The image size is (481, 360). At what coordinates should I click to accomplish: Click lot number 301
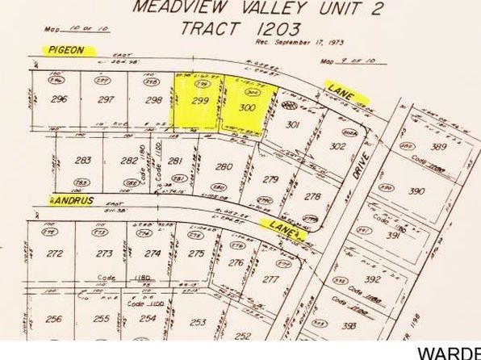294,125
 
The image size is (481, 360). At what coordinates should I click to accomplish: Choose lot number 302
338,146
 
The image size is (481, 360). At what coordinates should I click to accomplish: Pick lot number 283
81,161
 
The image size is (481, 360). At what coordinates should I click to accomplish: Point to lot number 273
103,253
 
